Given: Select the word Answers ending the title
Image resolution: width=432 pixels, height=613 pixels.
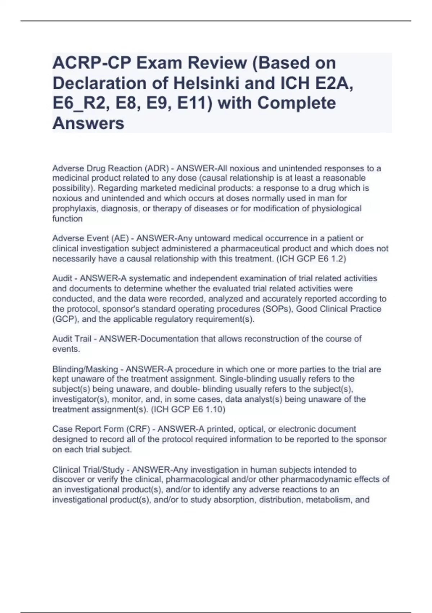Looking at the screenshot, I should tap(88, 123).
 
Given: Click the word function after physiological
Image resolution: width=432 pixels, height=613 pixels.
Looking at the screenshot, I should tap(67, 219).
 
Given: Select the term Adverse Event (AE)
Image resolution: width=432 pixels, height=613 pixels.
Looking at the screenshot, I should tap(90, 238).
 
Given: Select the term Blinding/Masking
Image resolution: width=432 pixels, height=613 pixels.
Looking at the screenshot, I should tap(85, 369).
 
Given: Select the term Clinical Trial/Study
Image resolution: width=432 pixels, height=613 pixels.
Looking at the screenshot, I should tap(88, 470).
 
